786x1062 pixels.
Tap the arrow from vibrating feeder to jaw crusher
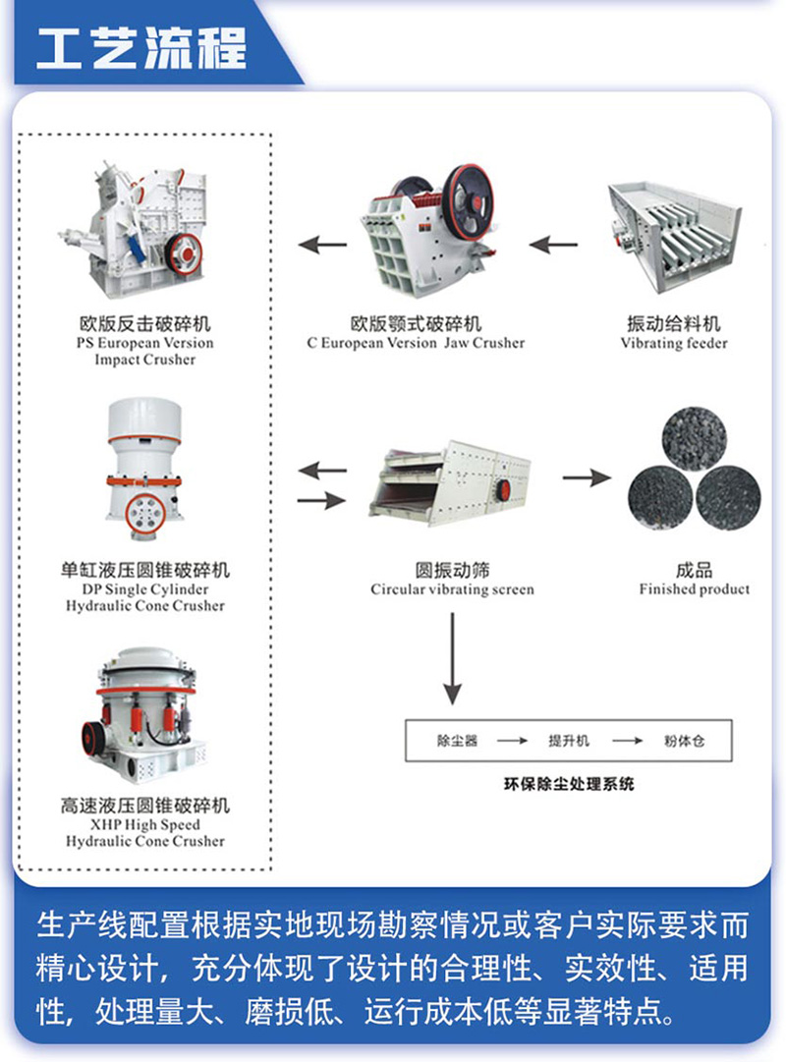555,244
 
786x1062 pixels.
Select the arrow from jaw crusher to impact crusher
323,244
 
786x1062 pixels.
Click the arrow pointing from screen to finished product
586,477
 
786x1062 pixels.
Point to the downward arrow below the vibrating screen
452,658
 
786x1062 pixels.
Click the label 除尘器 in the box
457,741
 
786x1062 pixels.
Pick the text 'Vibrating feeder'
674,343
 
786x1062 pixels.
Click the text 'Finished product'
694,589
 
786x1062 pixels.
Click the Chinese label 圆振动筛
452,570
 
